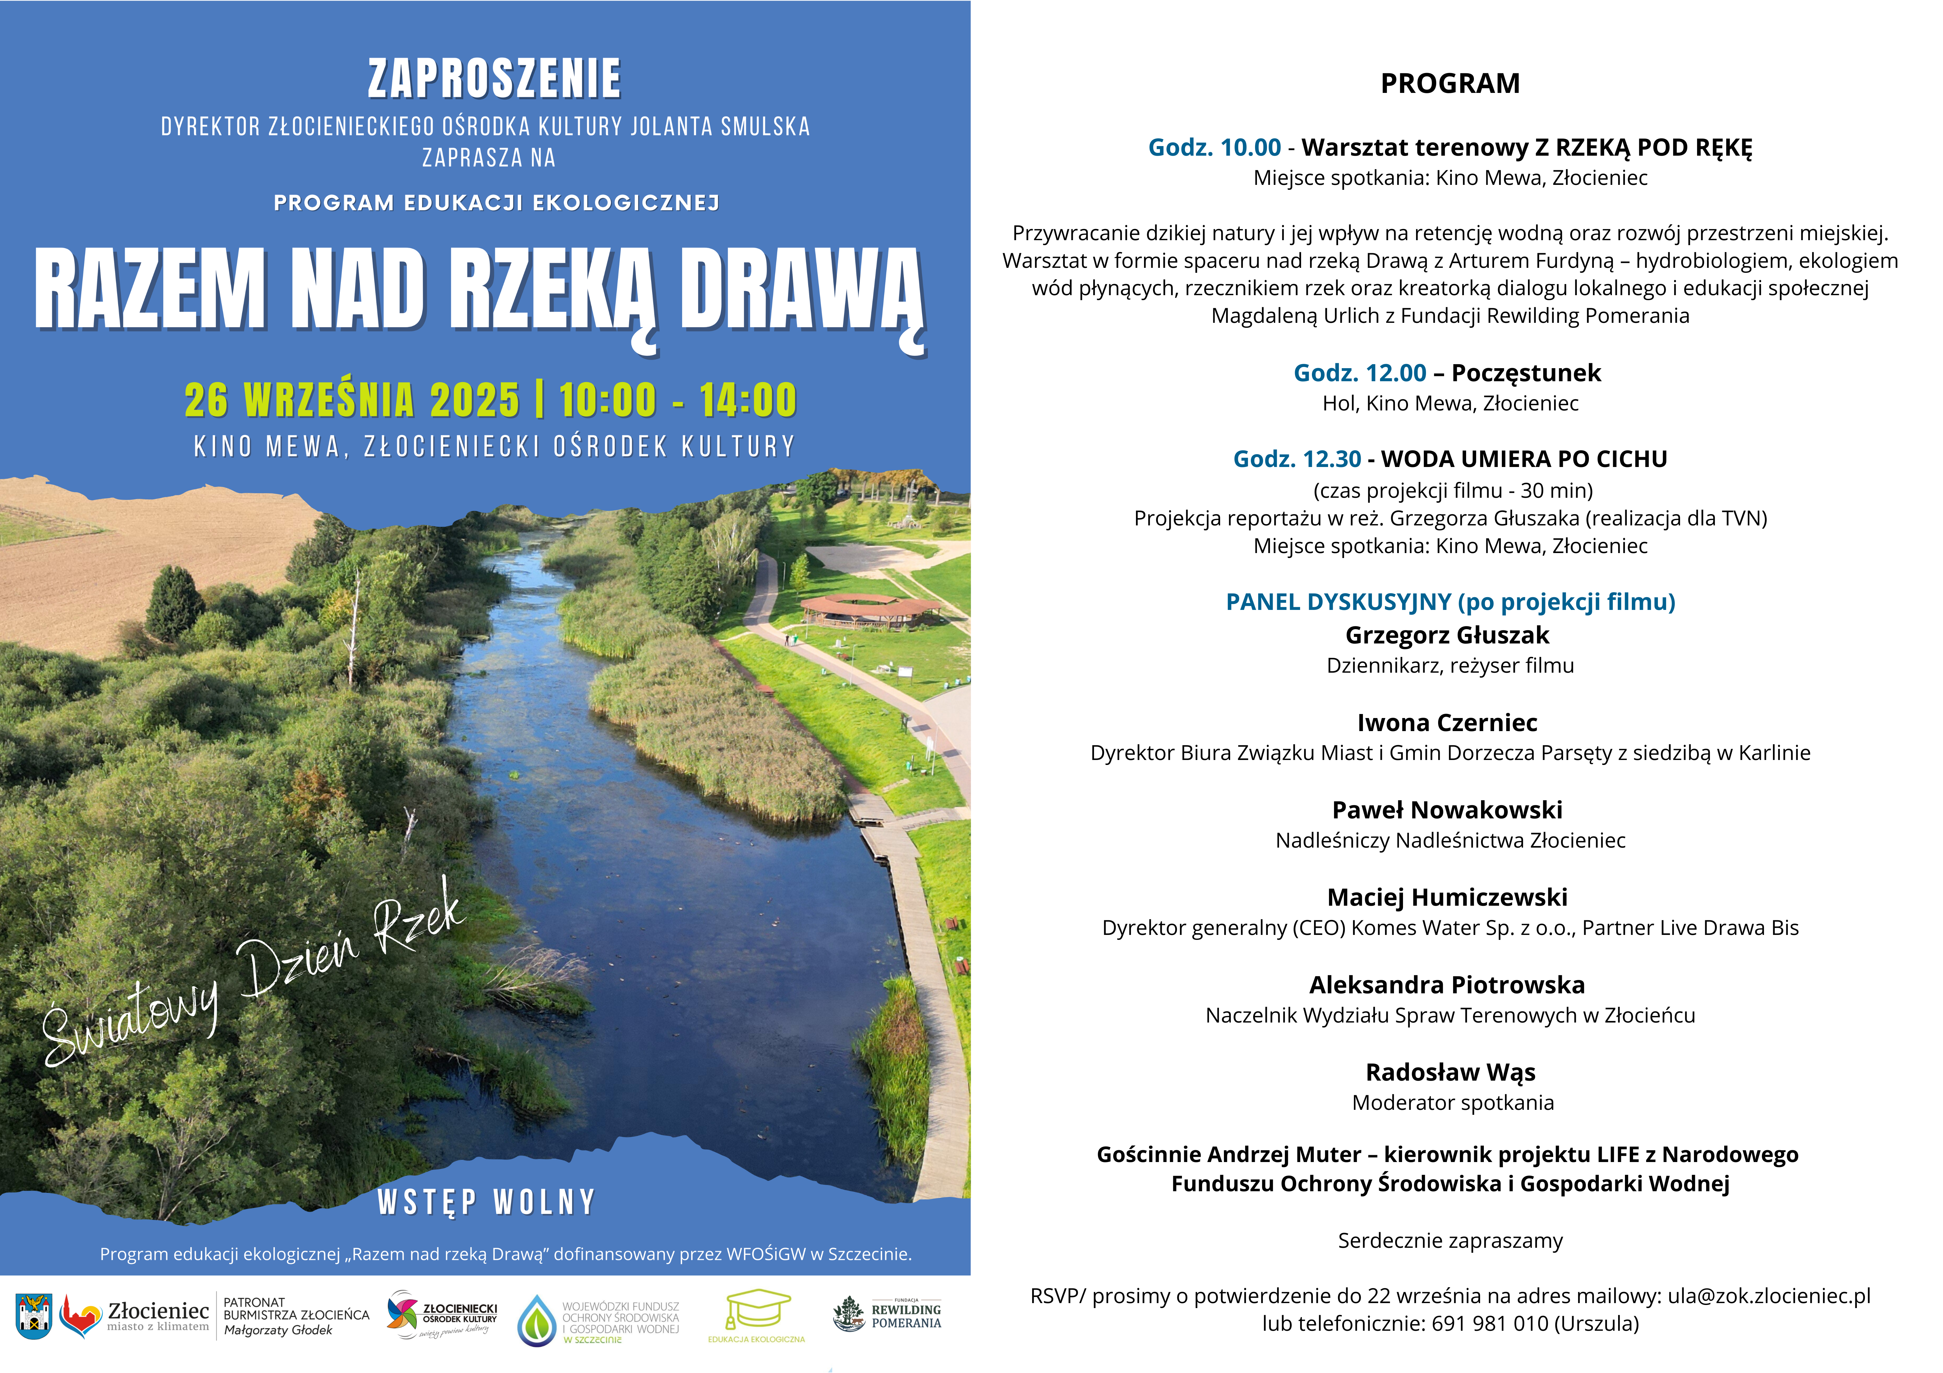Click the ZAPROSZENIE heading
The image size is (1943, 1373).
(x=494, y=79)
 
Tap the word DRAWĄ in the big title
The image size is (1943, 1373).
(x=800, y=290)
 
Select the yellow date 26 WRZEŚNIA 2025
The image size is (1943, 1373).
(x=352, y=400)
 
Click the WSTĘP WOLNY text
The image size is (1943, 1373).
(x=487, y=1201)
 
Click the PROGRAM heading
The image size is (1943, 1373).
(x=1450, y=84)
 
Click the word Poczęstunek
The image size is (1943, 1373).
(x=1526, y=373)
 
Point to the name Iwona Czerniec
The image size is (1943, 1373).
(x=1447, y=722)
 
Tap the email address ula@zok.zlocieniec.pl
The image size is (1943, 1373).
(x=1769, y=1296)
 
